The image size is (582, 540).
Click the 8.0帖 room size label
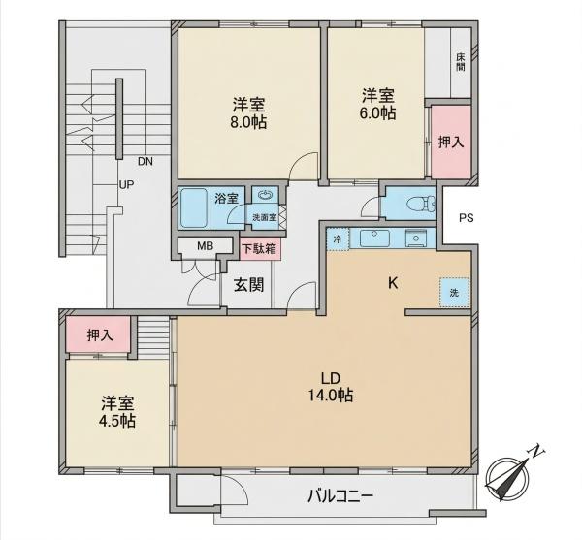pos(248,122)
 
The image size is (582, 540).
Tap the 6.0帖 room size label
pos(377,113)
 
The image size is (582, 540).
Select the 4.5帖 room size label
pos(117,421)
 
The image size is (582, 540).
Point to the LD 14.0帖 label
pos(331,387)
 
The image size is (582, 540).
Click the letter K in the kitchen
pos(393,283)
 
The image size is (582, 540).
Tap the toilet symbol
pos(421,204)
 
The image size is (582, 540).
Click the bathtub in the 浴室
pos(193,207)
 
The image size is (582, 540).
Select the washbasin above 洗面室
pos(265,195)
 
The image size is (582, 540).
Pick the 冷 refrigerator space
pos(338,239)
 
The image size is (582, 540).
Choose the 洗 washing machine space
pos(455,292)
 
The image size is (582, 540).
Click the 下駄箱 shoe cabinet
pos(260,249)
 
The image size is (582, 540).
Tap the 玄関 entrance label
pos(248,285)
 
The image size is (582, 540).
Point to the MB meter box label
pos(205,246)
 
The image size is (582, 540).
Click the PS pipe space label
pos(467,218)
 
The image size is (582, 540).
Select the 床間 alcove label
pos(461,62)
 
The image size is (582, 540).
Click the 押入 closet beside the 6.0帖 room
pos(451,143)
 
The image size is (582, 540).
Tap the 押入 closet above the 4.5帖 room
pos(99,334)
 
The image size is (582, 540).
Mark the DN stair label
pos(145,161)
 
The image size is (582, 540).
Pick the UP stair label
pos(126,184)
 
